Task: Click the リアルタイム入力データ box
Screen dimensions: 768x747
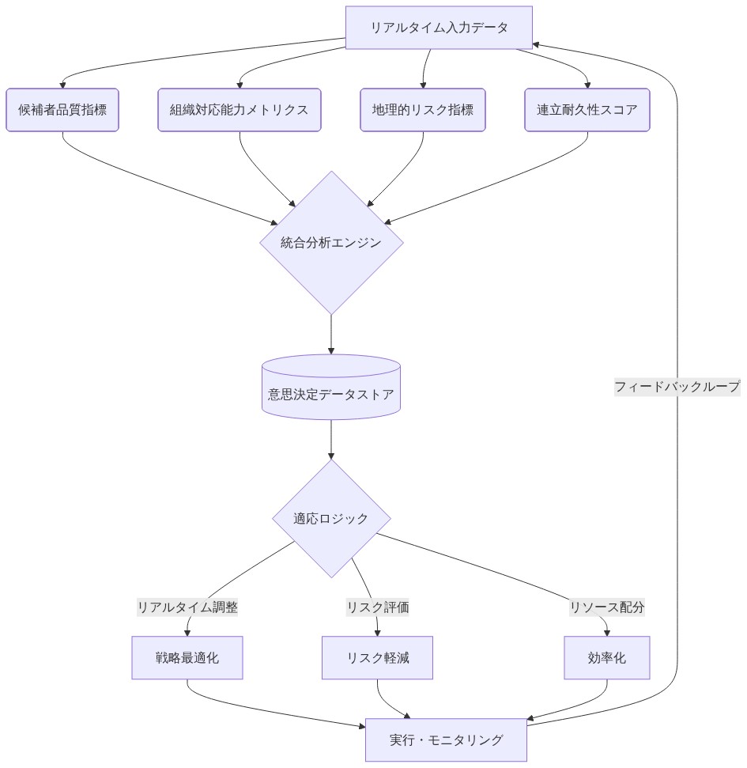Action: pos(439,28)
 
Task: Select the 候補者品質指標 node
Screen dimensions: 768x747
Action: pos(62,110)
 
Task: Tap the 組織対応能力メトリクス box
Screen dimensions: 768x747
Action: pos(239,110)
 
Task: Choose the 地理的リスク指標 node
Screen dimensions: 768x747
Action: pos(423,110)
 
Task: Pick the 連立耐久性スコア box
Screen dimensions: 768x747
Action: pos(587,110)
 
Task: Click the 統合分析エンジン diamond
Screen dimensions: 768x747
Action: pos(331,243)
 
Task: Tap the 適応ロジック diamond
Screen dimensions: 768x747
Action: pos(331,519)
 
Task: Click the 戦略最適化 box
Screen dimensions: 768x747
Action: pos(187,658)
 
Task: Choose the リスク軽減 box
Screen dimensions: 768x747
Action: pos(377,658)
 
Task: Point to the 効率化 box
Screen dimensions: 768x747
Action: pos(607,658)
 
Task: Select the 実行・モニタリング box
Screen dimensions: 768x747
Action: pos(446,740)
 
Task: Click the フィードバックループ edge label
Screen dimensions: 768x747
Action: pos(677,387)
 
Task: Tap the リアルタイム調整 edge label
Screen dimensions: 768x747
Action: pos(187,607)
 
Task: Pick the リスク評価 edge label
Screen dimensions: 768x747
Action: pos(377,607)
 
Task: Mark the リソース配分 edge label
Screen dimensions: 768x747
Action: pos(607,607)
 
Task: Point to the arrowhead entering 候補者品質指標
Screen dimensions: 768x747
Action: pos(62,84)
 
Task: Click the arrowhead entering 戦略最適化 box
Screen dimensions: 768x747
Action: pos(187,632)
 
